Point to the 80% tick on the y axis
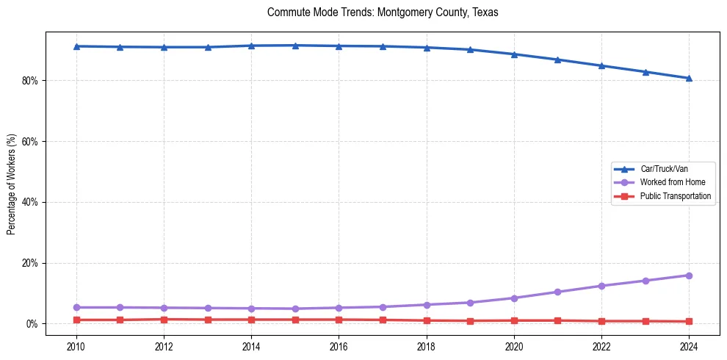tap(31, 80)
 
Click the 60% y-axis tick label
tap(31, 141)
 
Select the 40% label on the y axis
tap(31, 202)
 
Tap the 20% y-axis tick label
tap(31, 263)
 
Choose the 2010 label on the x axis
tap(76, 346)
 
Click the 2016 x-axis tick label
tap(339, 346)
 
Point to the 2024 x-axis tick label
tap(689, 346)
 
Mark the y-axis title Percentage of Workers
tap(12, 184)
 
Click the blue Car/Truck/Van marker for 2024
tap(689, 78)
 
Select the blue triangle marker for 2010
tap(76, 46)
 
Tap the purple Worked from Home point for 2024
tap(689, 276)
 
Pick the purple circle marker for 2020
tap(514, 298)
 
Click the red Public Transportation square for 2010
tap(76, 320)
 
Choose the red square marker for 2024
tap(689, 322)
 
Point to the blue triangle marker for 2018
tap(427, 48)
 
